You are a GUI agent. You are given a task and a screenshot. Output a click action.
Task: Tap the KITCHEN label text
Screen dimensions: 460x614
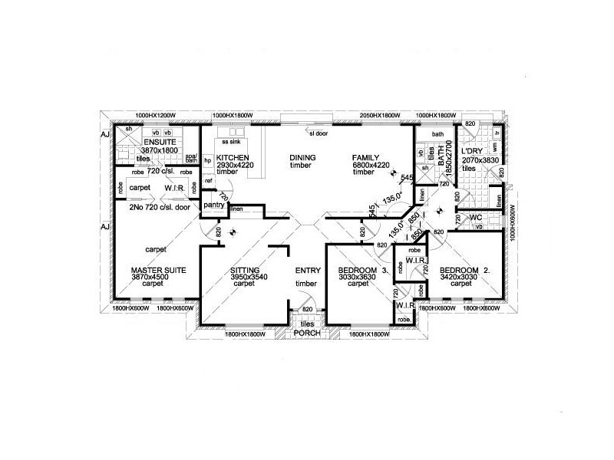coord(230,156)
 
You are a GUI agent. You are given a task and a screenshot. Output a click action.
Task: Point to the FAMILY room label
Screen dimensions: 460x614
coord(367,156)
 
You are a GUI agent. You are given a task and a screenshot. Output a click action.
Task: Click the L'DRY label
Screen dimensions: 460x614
coord(472,153)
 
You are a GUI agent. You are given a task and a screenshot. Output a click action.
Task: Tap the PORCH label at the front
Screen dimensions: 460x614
coord(307,333)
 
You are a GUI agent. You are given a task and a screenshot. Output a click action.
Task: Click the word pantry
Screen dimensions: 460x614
coord(214,205)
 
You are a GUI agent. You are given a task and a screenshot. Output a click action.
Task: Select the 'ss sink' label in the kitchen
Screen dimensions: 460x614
coord(230,142)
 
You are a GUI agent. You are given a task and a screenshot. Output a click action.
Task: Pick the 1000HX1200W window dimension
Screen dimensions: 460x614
coord(157,115)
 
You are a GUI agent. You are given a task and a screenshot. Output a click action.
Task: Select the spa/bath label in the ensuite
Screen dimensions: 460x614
coord(192,159)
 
